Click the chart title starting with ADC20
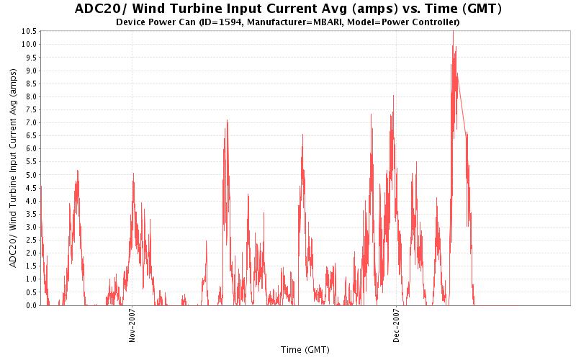tap(288, 9)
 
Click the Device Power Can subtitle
tap(288, 22)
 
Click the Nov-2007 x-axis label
tap(132, 327)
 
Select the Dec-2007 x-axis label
tap(397, 327)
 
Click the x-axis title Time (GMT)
tap(305, 350)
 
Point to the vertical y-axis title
tap(14, 173)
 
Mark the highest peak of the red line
tap(453, 31)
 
